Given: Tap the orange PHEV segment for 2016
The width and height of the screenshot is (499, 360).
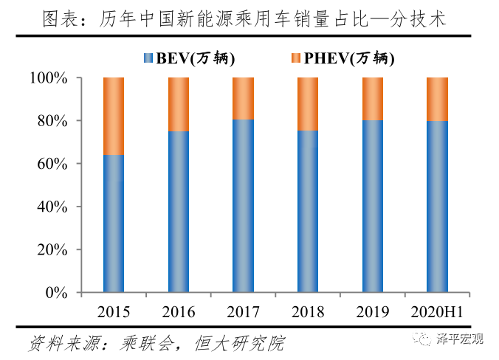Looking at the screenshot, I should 178,104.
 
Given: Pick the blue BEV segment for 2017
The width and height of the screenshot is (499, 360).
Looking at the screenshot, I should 243,206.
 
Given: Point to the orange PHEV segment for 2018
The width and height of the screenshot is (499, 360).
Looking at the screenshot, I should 308,104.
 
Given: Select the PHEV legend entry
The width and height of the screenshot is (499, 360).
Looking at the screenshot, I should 343,58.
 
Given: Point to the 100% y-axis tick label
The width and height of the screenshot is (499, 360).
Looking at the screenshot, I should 49,78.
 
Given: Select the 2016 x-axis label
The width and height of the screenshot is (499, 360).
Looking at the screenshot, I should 178,312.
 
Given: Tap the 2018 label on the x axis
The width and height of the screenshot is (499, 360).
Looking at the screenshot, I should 308,312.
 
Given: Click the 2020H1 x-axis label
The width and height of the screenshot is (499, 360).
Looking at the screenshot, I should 437,312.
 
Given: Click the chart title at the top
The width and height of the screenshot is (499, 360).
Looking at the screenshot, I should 250,16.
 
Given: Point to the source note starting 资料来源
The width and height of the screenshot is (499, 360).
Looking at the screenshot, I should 156,343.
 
